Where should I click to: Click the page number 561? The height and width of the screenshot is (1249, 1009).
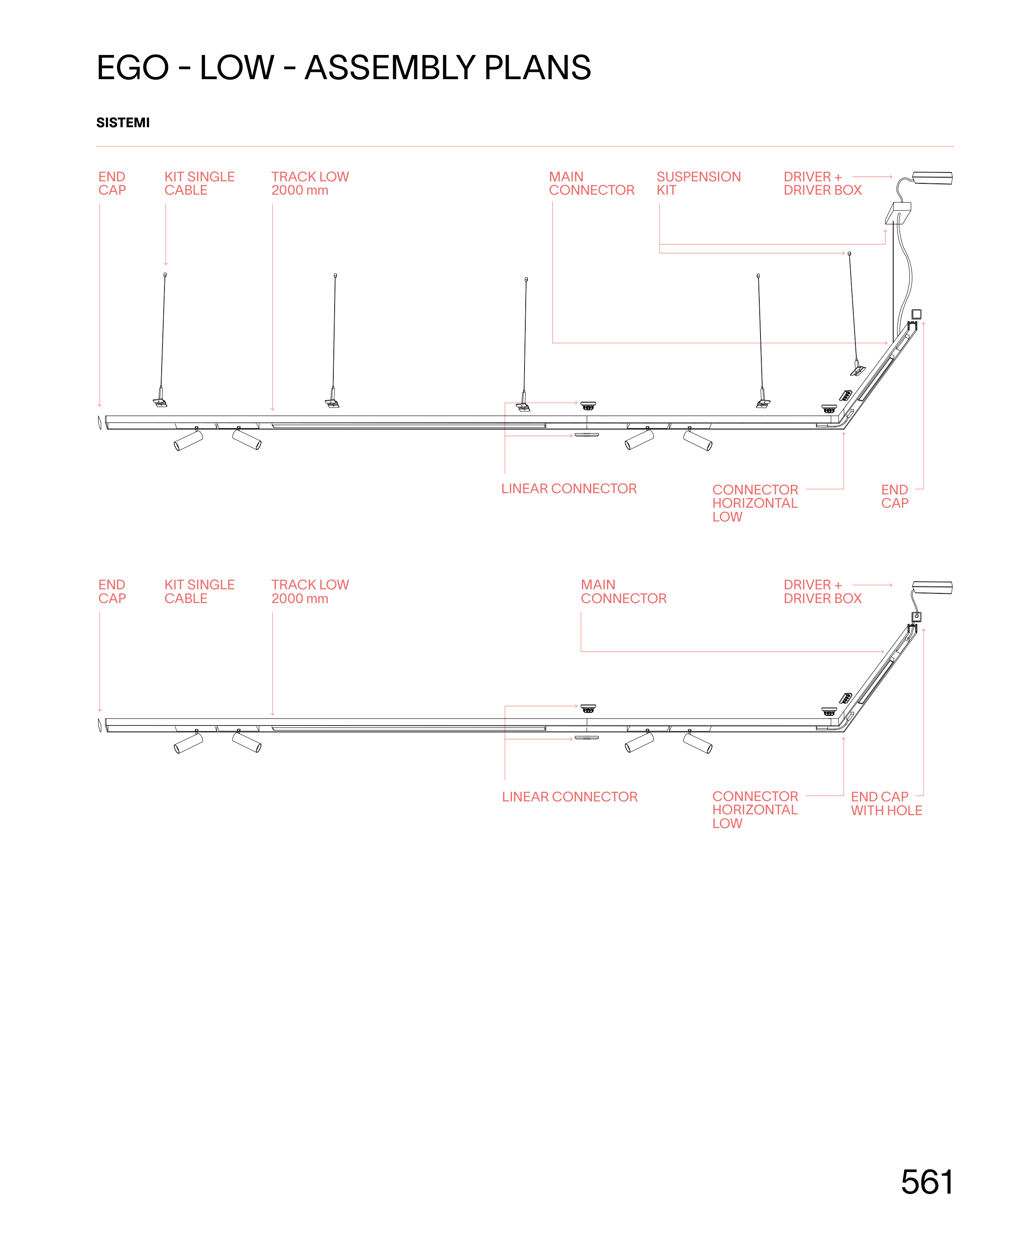(x=927, y=1182)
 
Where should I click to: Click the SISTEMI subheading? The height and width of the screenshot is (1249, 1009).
(x=122, y=122)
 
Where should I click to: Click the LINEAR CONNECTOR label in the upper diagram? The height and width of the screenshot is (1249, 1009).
(x=569, y=488)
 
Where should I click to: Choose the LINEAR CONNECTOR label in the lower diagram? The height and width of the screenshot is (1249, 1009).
(x=570, y=797)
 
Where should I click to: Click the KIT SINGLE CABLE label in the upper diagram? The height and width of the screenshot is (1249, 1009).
(x=199, y=183)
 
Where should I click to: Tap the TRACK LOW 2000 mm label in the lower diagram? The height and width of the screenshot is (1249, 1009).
(x=310, y=591)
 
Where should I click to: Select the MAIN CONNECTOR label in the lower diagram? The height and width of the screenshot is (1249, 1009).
(x=623, y=591)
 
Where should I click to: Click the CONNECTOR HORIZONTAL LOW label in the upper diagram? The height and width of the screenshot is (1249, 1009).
(x=754, y=503)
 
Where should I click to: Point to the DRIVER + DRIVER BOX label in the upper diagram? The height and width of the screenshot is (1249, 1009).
(x=822, y=183)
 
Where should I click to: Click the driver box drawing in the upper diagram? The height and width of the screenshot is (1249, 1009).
(x=932, y=178)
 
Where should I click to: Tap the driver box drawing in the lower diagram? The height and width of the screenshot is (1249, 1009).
(x=932, y=587)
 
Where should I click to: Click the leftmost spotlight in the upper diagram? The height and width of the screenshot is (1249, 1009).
(x=188, y=440)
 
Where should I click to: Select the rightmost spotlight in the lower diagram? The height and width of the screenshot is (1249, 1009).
(x=698, y=743)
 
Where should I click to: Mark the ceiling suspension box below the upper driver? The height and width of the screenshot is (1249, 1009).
(x=897, y=212)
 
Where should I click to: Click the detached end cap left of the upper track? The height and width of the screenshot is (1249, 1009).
(x=99, y=423)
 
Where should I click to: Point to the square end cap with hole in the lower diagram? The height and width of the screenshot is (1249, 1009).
(x=916, y=616)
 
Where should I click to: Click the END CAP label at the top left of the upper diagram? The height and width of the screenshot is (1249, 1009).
(x=112, y=183)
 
